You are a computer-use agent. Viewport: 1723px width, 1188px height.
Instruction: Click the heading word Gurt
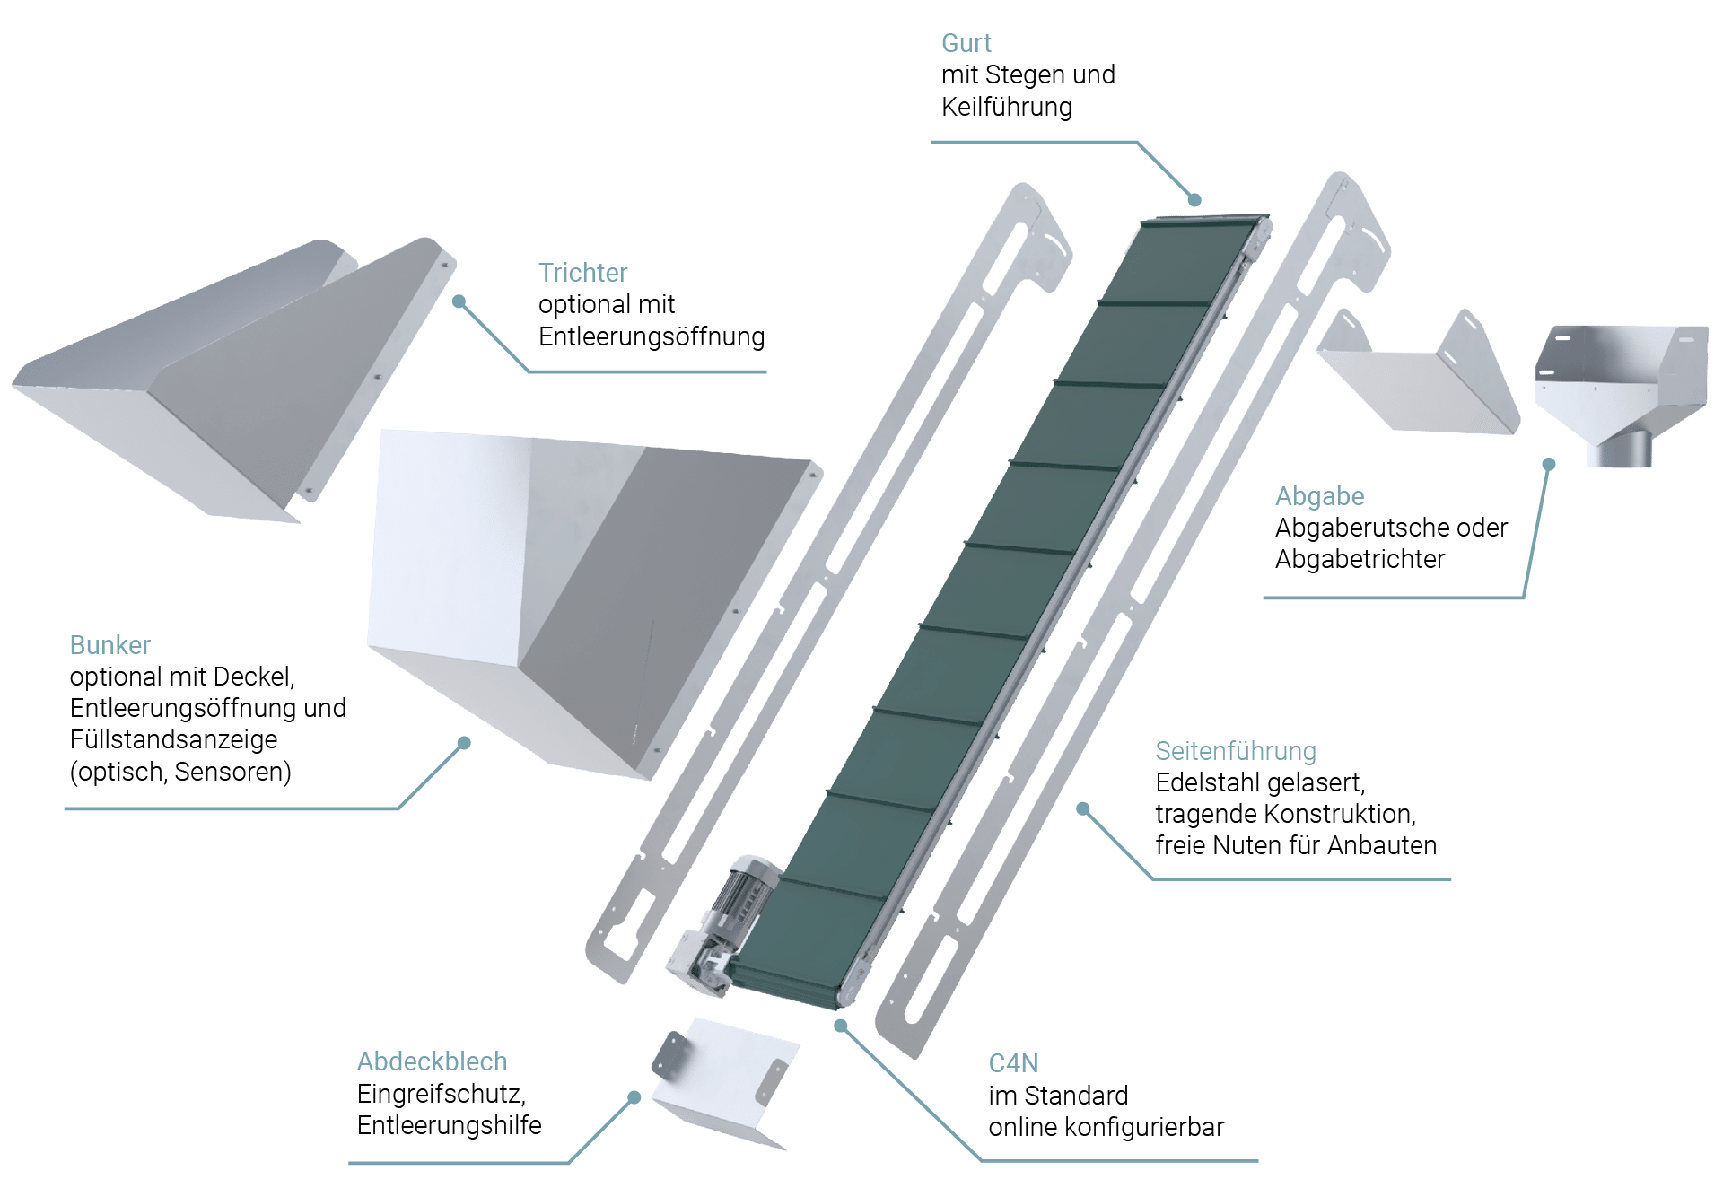click(x=966, y=43)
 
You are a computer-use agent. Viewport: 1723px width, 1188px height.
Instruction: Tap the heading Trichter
click(x=582, y=273)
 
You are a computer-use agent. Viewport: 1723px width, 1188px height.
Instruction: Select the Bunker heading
click(x=109, y=645)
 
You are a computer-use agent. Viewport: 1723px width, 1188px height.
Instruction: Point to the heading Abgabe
click(x=1319, y=496)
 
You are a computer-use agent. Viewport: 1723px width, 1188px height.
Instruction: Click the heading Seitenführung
click(x=1235, y=751)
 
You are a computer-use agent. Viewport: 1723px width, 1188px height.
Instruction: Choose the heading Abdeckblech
click(x=432, y=1062)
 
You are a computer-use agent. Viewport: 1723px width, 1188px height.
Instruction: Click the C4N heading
click(x=1013, y=1063)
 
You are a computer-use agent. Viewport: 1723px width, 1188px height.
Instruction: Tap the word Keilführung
click(x=1006, y=108)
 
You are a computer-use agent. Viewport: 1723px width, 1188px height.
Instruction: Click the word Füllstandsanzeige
click(x=173, y=740)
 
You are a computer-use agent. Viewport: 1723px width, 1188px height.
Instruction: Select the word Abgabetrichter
click(x=1360, y=560)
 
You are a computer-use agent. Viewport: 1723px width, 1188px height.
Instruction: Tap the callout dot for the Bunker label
click(x=464, y=743)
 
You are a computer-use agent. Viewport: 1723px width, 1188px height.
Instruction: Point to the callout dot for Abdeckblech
click(x=634, y=1097)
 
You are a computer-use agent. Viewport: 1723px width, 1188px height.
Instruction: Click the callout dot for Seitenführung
click(x=1082, y=808)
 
